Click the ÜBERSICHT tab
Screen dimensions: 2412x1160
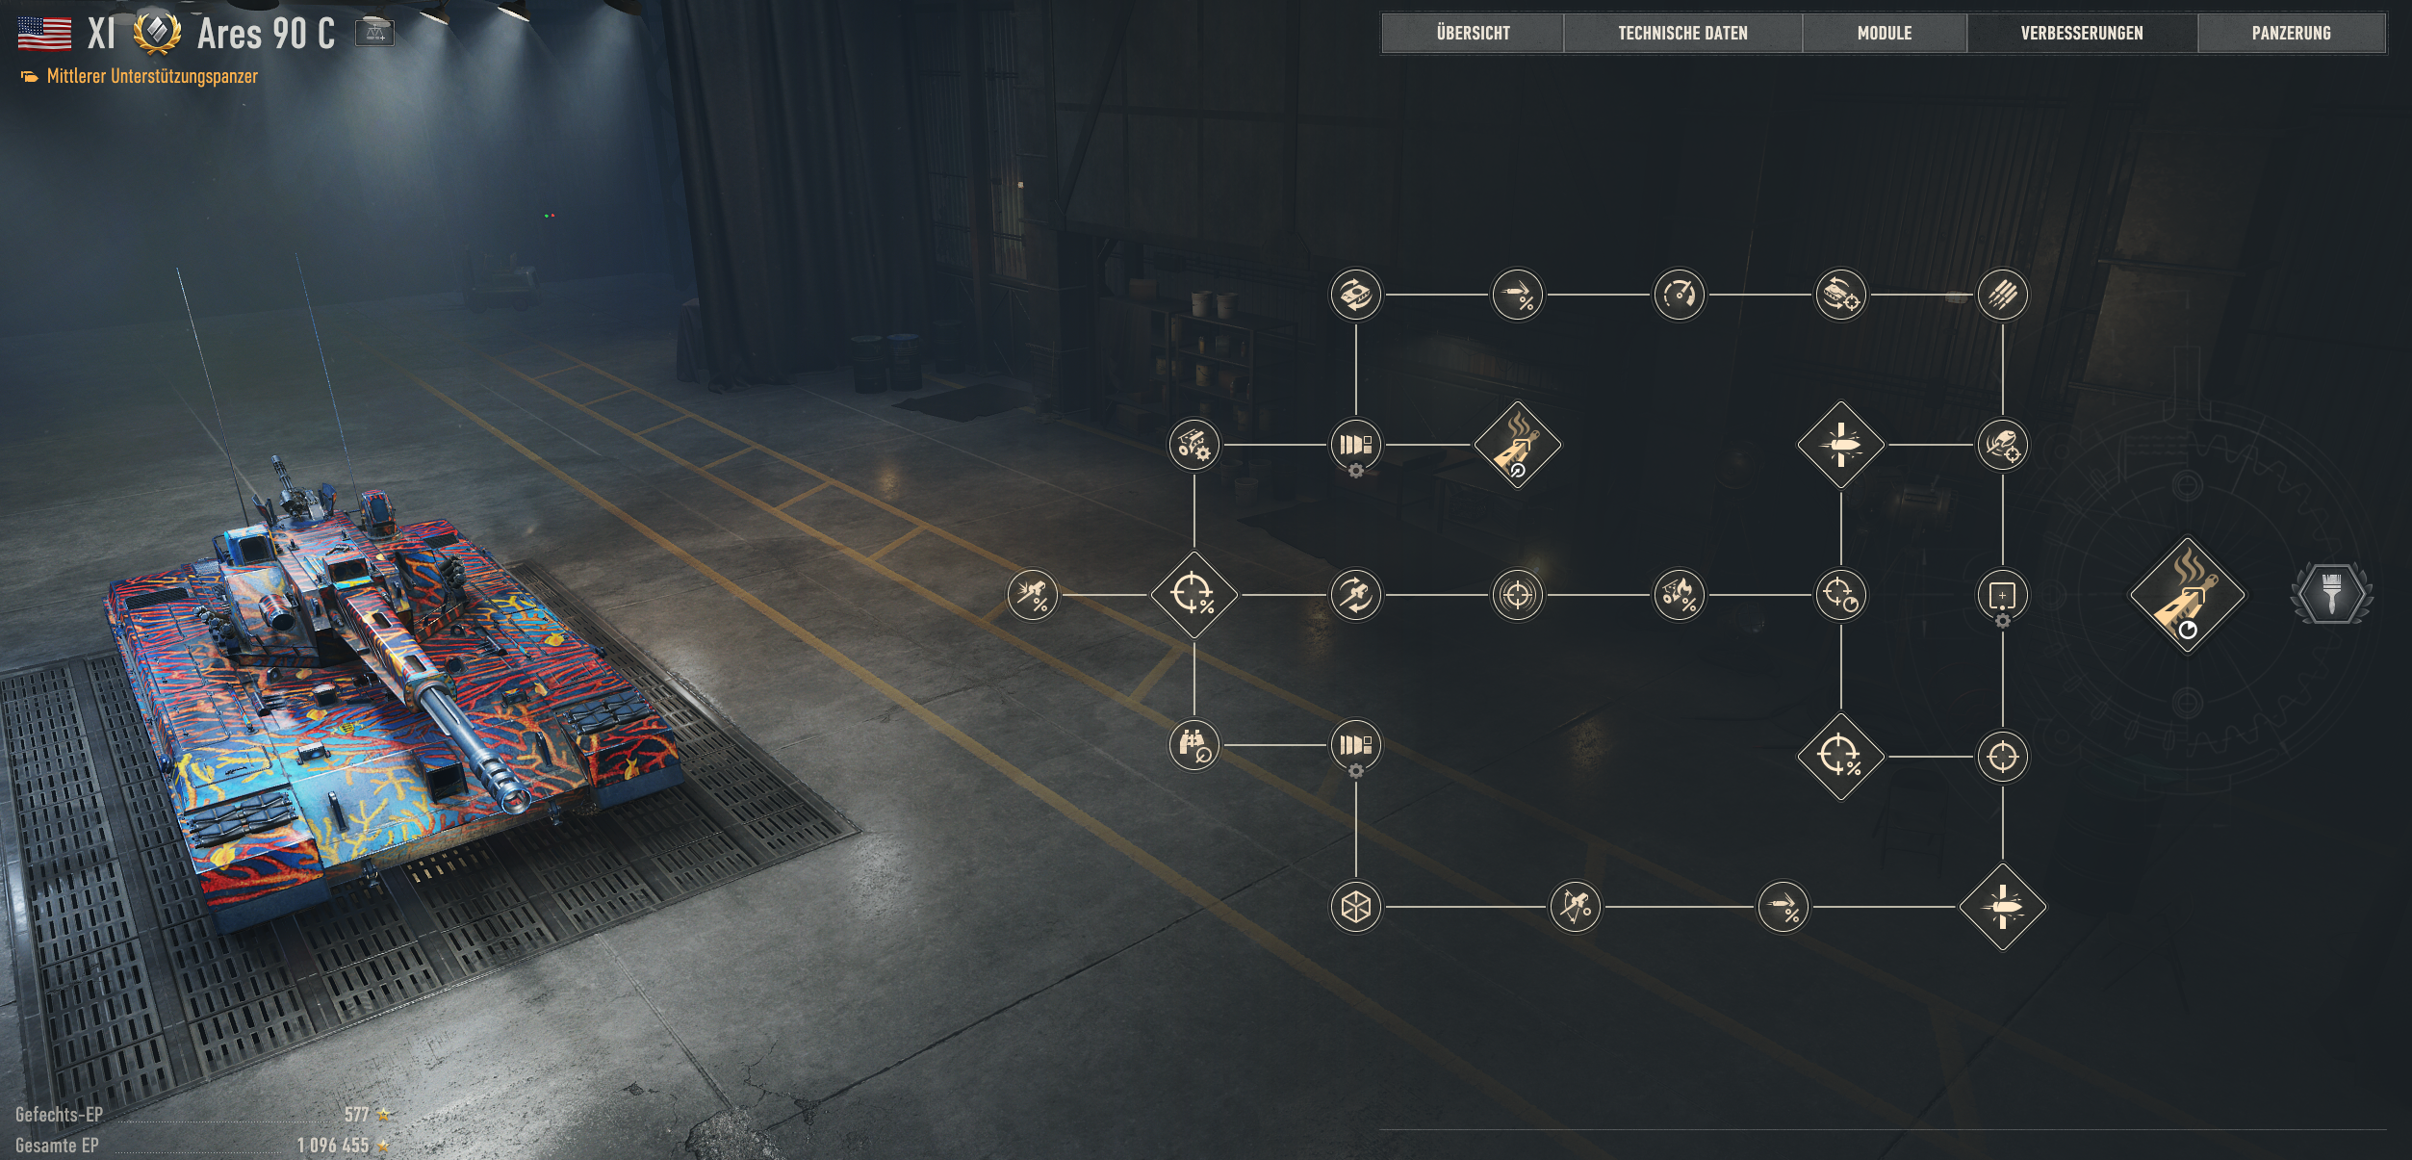1473,33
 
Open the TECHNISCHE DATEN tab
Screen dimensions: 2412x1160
1682,33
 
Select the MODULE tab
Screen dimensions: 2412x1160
1884,33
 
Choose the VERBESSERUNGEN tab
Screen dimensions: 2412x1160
2082,33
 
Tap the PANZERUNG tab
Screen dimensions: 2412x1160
2291,33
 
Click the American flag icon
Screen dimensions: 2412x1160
44,34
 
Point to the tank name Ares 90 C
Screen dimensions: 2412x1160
266,34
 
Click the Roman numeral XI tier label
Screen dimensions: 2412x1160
101,34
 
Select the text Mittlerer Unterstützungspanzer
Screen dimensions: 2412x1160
152,76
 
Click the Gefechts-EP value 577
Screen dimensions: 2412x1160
357,1114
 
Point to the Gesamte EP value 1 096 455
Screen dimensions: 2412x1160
333,1145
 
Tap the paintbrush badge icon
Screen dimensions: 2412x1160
2331,594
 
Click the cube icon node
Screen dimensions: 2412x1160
1355,907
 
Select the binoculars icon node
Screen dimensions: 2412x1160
1193,745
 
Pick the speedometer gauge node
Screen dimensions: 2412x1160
1679,295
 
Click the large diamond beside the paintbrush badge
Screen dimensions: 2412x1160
2187,595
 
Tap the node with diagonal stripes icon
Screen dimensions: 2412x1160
2002,295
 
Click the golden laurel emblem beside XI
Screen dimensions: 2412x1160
157,33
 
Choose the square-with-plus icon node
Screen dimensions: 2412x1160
2002,595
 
